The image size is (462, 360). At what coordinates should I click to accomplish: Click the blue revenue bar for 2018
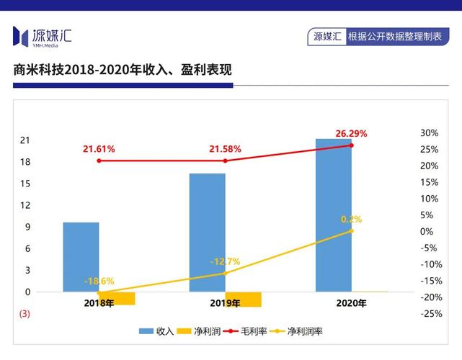click(x=81, y=257)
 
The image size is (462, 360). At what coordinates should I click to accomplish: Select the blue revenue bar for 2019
click(x=207, y=233)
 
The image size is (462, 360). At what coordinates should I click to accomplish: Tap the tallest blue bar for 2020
click(x=334, y=215)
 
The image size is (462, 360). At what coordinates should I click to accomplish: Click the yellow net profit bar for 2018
click(x=117, y=299)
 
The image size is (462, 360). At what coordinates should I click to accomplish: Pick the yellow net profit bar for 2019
click(x=243, y=300)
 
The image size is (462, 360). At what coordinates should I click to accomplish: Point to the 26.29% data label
click(x=351, y=133)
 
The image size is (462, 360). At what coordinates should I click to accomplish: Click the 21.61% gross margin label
click(x=99, y=148)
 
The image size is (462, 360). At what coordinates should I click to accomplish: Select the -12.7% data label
click(x=225, y=261)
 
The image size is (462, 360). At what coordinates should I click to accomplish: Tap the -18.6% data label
click(x=99, y=281)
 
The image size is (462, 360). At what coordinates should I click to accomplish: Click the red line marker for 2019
click(x=225, y=161)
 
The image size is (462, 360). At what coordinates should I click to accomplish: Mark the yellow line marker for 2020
click(x=352, y=231)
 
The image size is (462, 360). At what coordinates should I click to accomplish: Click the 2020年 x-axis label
click(x=352, y=303)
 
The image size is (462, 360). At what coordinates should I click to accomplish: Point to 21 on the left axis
click(x=25, y=140)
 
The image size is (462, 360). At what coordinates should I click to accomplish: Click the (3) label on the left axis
click(x=25, y=314)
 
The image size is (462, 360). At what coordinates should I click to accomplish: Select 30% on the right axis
click(x=430, y=133)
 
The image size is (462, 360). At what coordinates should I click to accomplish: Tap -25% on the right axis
click(x=431, y=314)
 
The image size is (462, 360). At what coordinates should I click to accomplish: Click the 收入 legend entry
click(x=157, y=331)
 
